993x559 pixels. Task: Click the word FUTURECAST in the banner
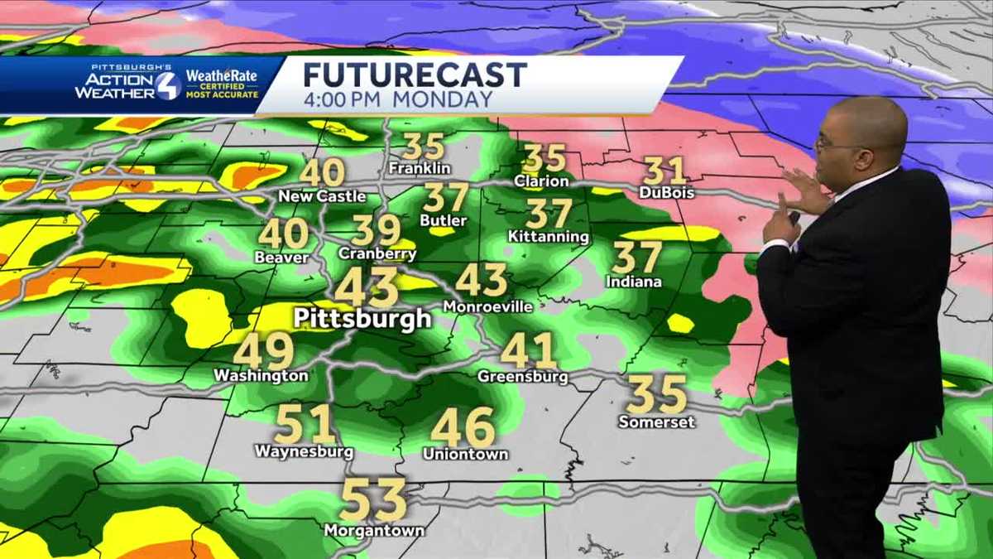tap(415, 75)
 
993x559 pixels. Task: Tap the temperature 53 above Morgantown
tap(374, 500)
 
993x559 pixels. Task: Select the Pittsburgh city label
tap(362, 318)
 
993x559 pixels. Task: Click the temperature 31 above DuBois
tap(665, 171)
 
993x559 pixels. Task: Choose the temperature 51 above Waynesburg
tap(305, 424)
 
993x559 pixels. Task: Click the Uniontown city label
tap(465, 454)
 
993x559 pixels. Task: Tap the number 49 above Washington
tap(264, 351)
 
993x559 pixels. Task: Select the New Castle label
tap(322, 196)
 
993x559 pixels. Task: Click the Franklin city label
tap(420, 168)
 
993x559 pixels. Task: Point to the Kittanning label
tap(549, 237)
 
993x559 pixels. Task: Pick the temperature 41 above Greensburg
tap(528, 351)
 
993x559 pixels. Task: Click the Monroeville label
tap(487, 306)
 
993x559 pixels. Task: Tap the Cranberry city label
tap(377, 254)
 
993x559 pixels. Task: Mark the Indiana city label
tap(634, 282)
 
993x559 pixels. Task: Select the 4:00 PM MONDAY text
tap(397, 99)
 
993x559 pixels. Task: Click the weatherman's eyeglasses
tap(828, 142)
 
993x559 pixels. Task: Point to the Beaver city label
tap(281, 258)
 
